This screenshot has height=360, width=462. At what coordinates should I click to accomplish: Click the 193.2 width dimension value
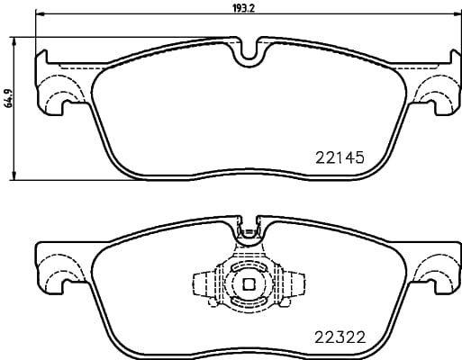[245, 7]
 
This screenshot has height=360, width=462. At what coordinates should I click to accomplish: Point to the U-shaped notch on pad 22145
[246, 53]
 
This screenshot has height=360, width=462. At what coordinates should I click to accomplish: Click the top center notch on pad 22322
[246, 232]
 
